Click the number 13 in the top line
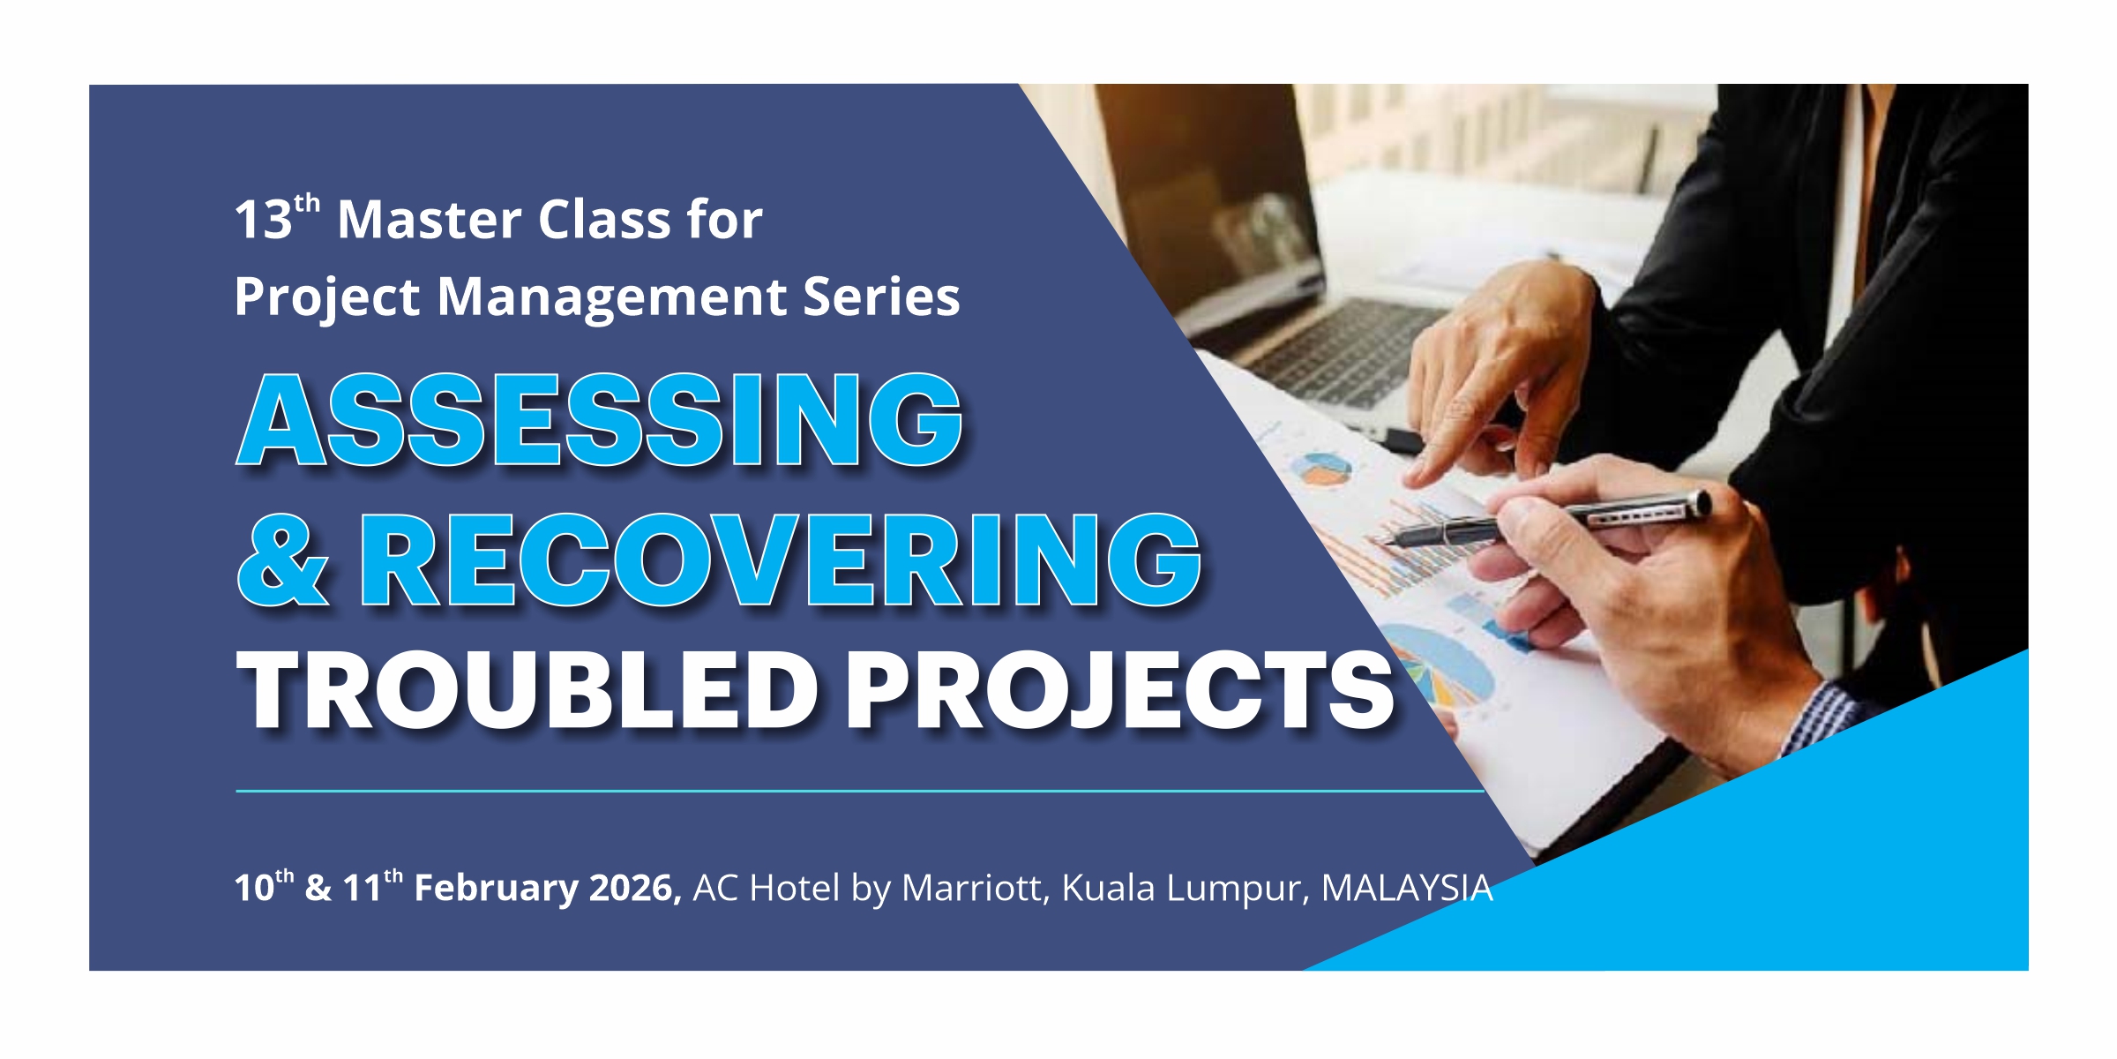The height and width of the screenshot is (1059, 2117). [263, 220]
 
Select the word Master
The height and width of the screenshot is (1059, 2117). [430, 219]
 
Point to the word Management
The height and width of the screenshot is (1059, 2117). [610, 297]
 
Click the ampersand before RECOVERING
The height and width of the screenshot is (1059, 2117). [282, 560]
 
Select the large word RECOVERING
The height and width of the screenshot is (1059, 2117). [781, 560]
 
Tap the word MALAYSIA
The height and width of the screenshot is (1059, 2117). [1407, 888]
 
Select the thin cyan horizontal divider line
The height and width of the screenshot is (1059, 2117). [860, 791]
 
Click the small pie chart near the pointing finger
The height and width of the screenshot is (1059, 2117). [1321, 469]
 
